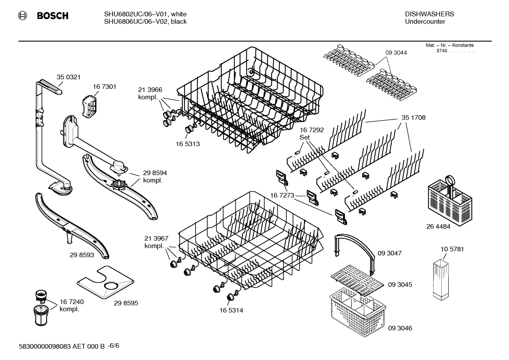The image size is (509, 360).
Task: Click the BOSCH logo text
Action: [53, 16]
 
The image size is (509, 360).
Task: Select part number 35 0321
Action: [68, 77]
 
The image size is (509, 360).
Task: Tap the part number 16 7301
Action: [104, 87]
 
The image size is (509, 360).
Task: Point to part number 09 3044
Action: [396, 53]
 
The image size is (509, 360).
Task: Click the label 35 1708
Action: [413, 118]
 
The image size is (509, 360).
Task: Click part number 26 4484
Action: [438, 226]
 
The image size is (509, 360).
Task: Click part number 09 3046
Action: [400, 328]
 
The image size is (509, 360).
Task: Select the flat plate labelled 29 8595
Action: [106, 281]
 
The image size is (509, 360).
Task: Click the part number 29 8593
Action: [82, 255]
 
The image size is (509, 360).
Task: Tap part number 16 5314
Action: [231, 311]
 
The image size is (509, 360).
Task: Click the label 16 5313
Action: [187, 144]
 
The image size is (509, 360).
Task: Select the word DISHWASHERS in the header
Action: [429, 14]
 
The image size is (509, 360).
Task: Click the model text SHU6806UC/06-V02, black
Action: [145, 22]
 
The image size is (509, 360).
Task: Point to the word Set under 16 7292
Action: [304, 137]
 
